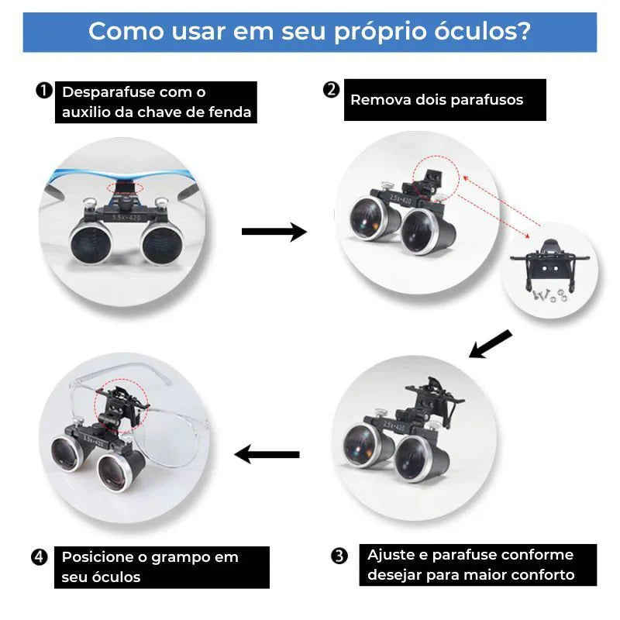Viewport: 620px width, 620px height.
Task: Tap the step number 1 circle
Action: coord(44,91)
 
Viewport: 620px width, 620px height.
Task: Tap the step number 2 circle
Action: coord(332,91)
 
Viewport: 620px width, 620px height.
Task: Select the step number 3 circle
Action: coord(339,556)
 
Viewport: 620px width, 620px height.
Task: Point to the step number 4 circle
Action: coord(41,557)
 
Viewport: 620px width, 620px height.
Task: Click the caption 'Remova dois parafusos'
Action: coord(436,100)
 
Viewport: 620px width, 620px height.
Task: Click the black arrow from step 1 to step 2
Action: coord(274,231)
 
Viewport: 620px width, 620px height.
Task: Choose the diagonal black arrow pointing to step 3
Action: coord(490,344)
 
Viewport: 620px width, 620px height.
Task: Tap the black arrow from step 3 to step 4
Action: coord(267,454)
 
